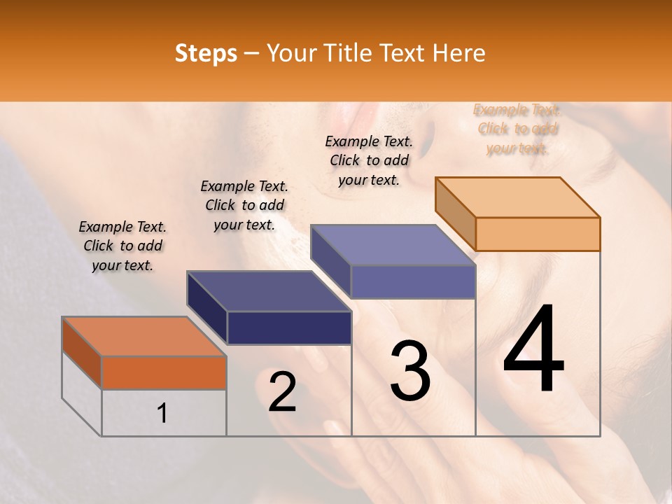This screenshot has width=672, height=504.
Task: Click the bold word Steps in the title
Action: click(206, 53)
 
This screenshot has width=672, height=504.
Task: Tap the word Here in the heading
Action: click(459, 53)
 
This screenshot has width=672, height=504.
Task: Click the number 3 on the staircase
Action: click(410, 371)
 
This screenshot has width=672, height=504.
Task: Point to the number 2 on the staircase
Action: click(282, 392)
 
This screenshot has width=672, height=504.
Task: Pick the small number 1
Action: click(162, 414)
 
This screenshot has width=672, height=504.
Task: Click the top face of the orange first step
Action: click(143, 337)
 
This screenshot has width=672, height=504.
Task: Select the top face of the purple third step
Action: click(393, 246)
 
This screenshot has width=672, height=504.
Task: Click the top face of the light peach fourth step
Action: click(517, 197)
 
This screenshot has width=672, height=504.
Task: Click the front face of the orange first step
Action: click(164, 372)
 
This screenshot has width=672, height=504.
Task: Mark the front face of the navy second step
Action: click(289, 328)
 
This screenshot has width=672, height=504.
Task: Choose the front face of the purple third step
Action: click(413, 282)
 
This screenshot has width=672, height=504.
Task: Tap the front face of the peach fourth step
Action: click(538, 234)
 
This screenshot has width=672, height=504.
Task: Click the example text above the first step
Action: click(122, 246)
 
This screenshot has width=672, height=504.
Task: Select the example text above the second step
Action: click(244, 205)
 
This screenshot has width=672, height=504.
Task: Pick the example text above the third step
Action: click(369, 160)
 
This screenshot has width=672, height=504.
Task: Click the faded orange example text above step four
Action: click(517, 129)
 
